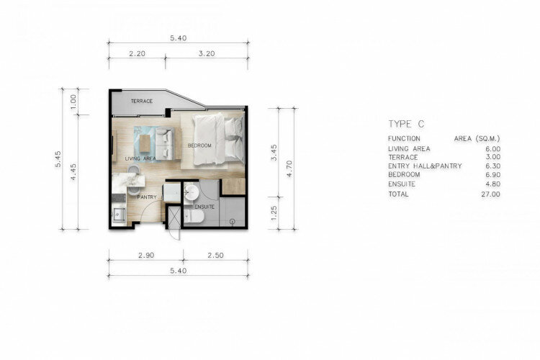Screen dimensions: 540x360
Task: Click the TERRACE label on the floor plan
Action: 142,101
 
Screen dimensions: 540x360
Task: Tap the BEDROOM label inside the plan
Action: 199,145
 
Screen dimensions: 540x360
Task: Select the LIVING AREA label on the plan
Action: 140,158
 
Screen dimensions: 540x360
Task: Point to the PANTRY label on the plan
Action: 147,197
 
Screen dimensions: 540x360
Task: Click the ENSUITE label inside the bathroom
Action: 204,207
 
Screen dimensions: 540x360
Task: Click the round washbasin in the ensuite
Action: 191,192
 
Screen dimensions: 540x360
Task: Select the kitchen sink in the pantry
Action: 118,215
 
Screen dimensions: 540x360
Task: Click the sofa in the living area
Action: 165,143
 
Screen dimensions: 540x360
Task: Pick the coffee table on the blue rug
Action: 145,143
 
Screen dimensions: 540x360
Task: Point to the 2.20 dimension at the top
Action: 137,54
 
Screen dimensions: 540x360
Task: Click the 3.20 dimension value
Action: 207,54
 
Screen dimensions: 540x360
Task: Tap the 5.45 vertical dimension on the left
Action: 58,159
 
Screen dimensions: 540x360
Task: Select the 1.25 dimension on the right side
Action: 274,213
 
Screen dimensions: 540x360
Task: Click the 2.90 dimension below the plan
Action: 146,256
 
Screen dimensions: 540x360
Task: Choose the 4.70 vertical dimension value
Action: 289,168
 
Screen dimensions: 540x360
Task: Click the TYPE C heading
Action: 406,124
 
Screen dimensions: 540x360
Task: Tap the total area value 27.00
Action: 490,194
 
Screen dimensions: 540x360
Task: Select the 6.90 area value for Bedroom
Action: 492,175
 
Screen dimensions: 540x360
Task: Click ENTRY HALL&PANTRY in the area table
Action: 425,166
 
